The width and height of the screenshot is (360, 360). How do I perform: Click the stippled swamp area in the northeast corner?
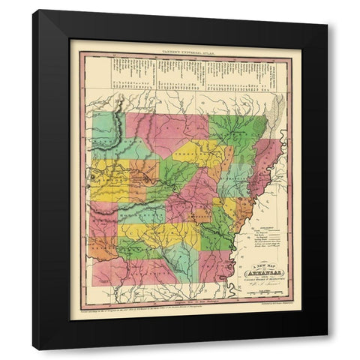[277, 109]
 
